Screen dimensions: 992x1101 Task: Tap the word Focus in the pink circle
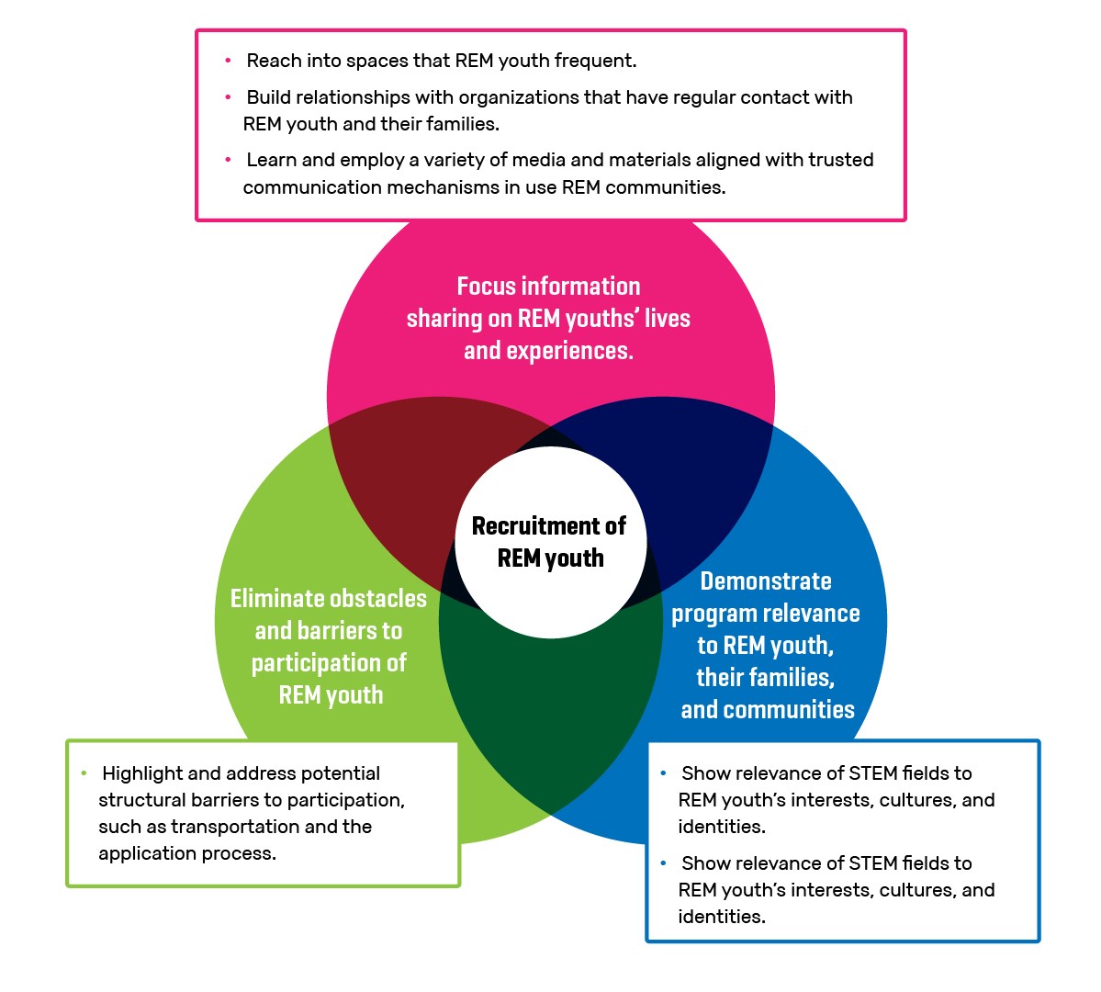pyautogui.click(x=488, y=287)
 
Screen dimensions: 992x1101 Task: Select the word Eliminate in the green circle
pyautogui.click(x=273, y=599)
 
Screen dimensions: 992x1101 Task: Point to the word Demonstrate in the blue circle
pyautogui.click(x=766, y=581)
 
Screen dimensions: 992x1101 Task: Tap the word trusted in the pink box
pyautogui.click(x=840, y=160)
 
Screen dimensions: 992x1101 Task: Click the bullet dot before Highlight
pyautogui.click(x=84, y=773)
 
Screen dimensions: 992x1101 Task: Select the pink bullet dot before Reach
pyautogui.click(x=228, y=62)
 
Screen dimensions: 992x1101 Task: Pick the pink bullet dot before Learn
pyautogui.click(x=228, y=160)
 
